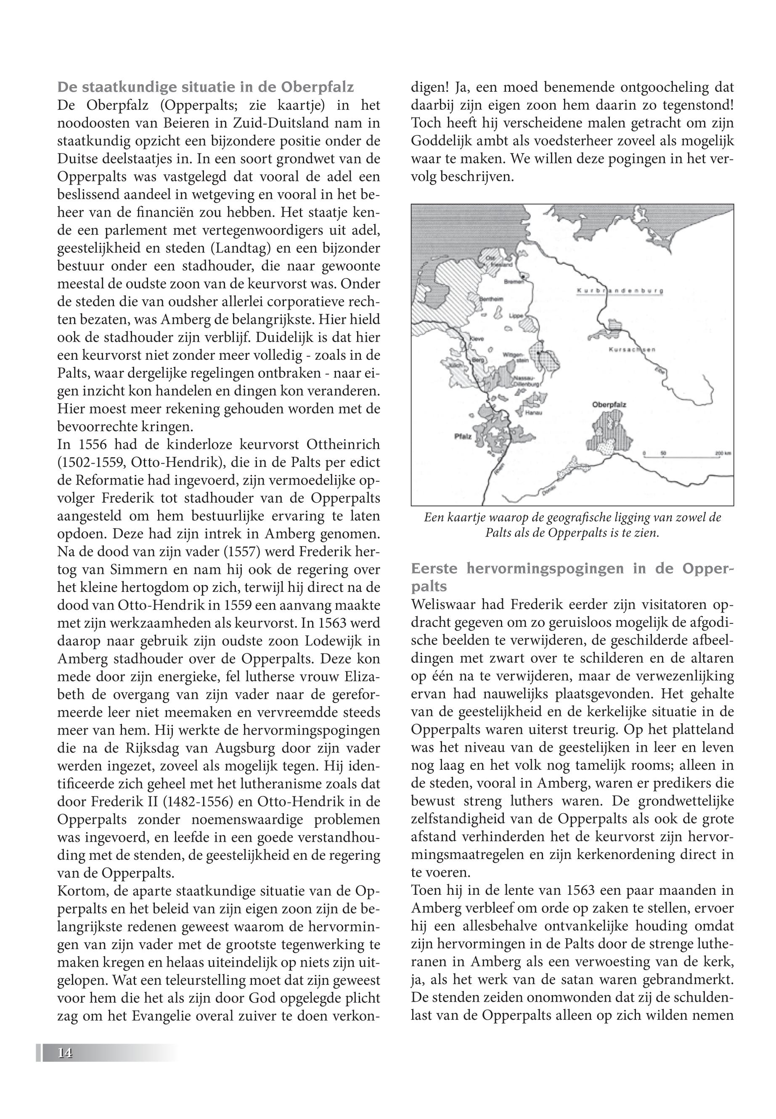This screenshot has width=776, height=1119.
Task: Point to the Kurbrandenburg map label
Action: tap(620, 291)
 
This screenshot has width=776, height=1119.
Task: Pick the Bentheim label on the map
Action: tap(492, 299)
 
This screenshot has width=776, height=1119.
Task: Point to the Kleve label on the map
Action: tap(476, 339)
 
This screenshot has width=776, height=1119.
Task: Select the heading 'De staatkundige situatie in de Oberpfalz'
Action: tap(205, 87)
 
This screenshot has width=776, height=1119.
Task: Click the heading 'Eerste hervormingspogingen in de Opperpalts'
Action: tap(572, 577)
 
